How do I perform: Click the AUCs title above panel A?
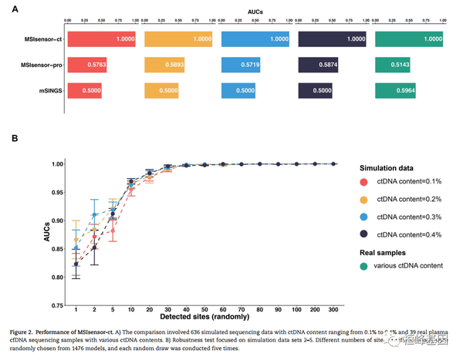point(255,12)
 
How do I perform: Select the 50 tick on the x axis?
point(204,311)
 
